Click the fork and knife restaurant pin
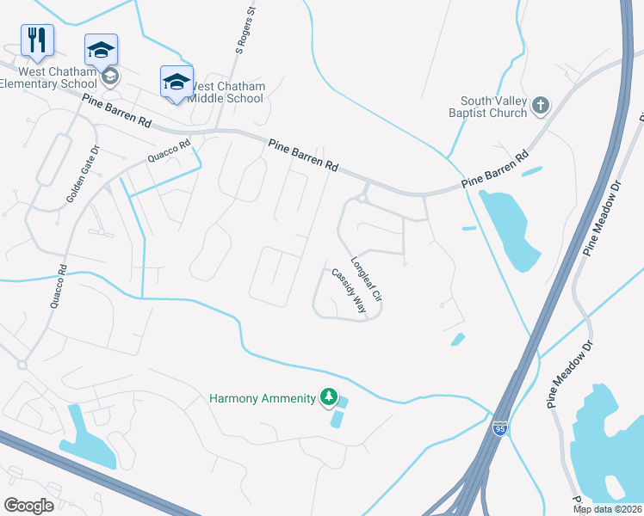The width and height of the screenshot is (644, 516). pyautogui.click(x=37, y=39)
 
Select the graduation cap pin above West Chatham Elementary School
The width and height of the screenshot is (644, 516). pyautogui.click(x=101, y=50)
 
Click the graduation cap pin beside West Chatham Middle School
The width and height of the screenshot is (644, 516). pyautogui.click(x=176, y=82)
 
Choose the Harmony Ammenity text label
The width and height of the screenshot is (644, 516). pyautogui.click(x=263, y=398)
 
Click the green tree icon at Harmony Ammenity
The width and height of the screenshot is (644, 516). pyautogui.click(x=327, y=396)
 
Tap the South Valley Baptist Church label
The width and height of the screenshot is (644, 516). pyautogui.click(x=487, y=107)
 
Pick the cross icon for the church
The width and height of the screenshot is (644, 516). pyautogui.click(x=540, y=105)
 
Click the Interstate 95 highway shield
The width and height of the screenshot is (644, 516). pyautogui.click(x=499, y=427)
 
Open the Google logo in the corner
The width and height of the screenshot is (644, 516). pyautogui.click(x=28, y=506)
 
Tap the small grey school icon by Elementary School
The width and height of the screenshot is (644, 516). pyautogui.click(x=109, y=77)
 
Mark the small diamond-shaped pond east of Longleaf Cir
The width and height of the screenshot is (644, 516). pyautogui.click(x=458, y=340)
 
